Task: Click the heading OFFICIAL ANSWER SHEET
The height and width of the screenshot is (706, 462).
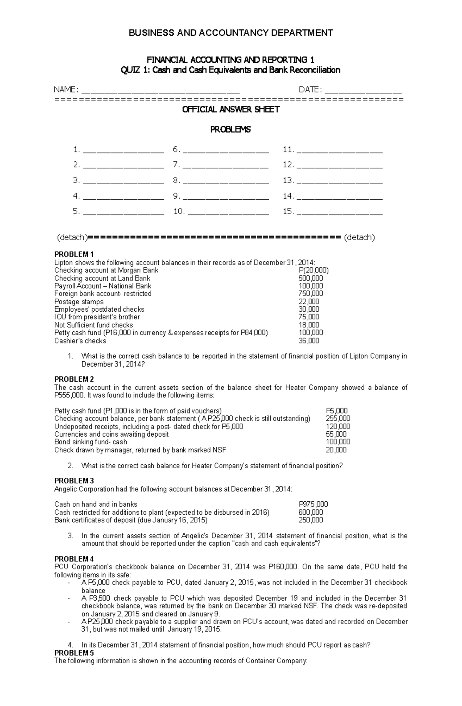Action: tap(231, 110)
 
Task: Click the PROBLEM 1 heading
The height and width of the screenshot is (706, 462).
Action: tap(74, 254)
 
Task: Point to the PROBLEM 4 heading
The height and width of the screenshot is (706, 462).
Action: tap(74, 559)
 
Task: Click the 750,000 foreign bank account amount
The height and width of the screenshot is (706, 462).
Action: tap(311, 294)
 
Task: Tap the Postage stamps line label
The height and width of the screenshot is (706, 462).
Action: tap(79, 302)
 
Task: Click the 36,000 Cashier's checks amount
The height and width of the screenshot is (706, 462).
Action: tap(309, 340)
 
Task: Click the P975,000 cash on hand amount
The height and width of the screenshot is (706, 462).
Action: tap(313, 504)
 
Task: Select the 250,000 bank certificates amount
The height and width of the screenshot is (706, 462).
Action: tap(311, 520)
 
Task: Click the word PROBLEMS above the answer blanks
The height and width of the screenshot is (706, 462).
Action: tap(230, 130)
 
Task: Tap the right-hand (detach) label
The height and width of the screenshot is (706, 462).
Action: tap(359, 237)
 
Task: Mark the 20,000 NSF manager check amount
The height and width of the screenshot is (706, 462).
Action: tap(336, 450)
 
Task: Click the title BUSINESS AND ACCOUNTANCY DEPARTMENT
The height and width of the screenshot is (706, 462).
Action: tap(231, 33)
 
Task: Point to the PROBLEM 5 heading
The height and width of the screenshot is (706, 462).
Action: tap(74, 653)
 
